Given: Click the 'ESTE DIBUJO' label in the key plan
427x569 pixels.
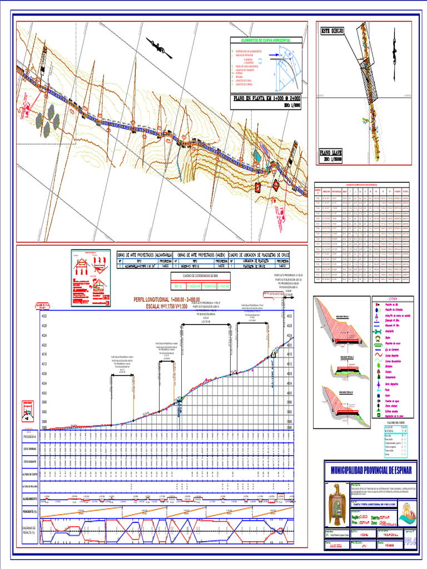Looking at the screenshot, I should (332, 31).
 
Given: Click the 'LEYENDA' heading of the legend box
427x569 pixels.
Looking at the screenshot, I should (393, 298).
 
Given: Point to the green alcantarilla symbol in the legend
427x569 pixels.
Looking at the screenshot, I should (379, 330).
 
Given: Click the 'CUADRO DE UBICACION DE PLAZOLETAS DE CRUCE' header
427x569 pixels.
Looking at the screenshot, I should (259, 254).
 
